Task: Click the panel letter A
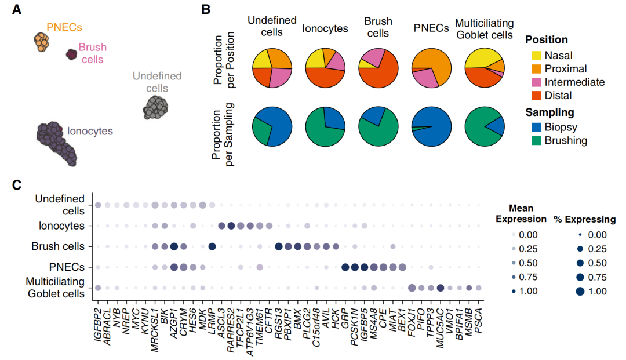17,10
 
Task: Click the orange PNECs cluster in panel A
42,41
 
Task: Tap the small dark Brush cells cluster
71,54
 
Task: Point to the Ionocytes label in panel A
90,132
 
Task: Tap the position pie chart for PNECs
431,68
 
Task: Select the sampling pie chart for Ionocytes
325,126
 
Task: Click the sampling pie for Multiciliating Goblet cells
485,126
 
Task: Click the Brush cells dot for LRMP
212,246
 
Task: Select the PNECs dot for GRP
345,267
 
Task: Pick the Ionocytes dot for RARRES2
231,226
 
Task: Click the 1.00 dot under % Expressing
579,292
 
